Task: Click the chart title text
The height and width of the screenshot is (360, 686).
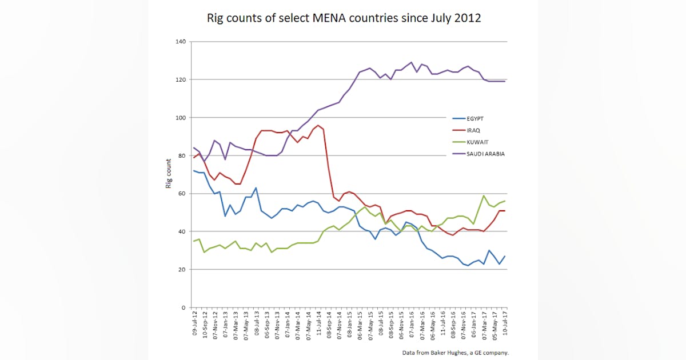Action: [x=344, y=18]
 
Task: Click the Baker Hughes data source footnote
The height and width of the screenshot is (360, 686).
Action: [x=455, y=353]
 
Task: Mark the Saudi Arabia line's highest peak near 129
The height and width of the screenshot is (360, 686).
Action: [x=411, y=62]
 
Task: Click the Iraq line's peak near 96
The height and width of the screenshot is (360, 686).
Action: [x=318, y=125]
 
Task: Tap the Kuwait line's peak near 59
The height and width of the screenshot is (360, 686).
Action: [x=484, y=195]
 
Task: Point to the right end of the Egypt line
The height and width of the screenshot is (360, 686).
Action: [x=505, y=256]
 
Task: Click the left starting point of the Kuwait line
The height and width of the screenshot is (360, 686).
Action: [x=194, y=241]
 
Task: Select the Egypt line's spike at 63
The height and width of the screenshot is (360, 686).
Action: [x=256, y=187]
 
